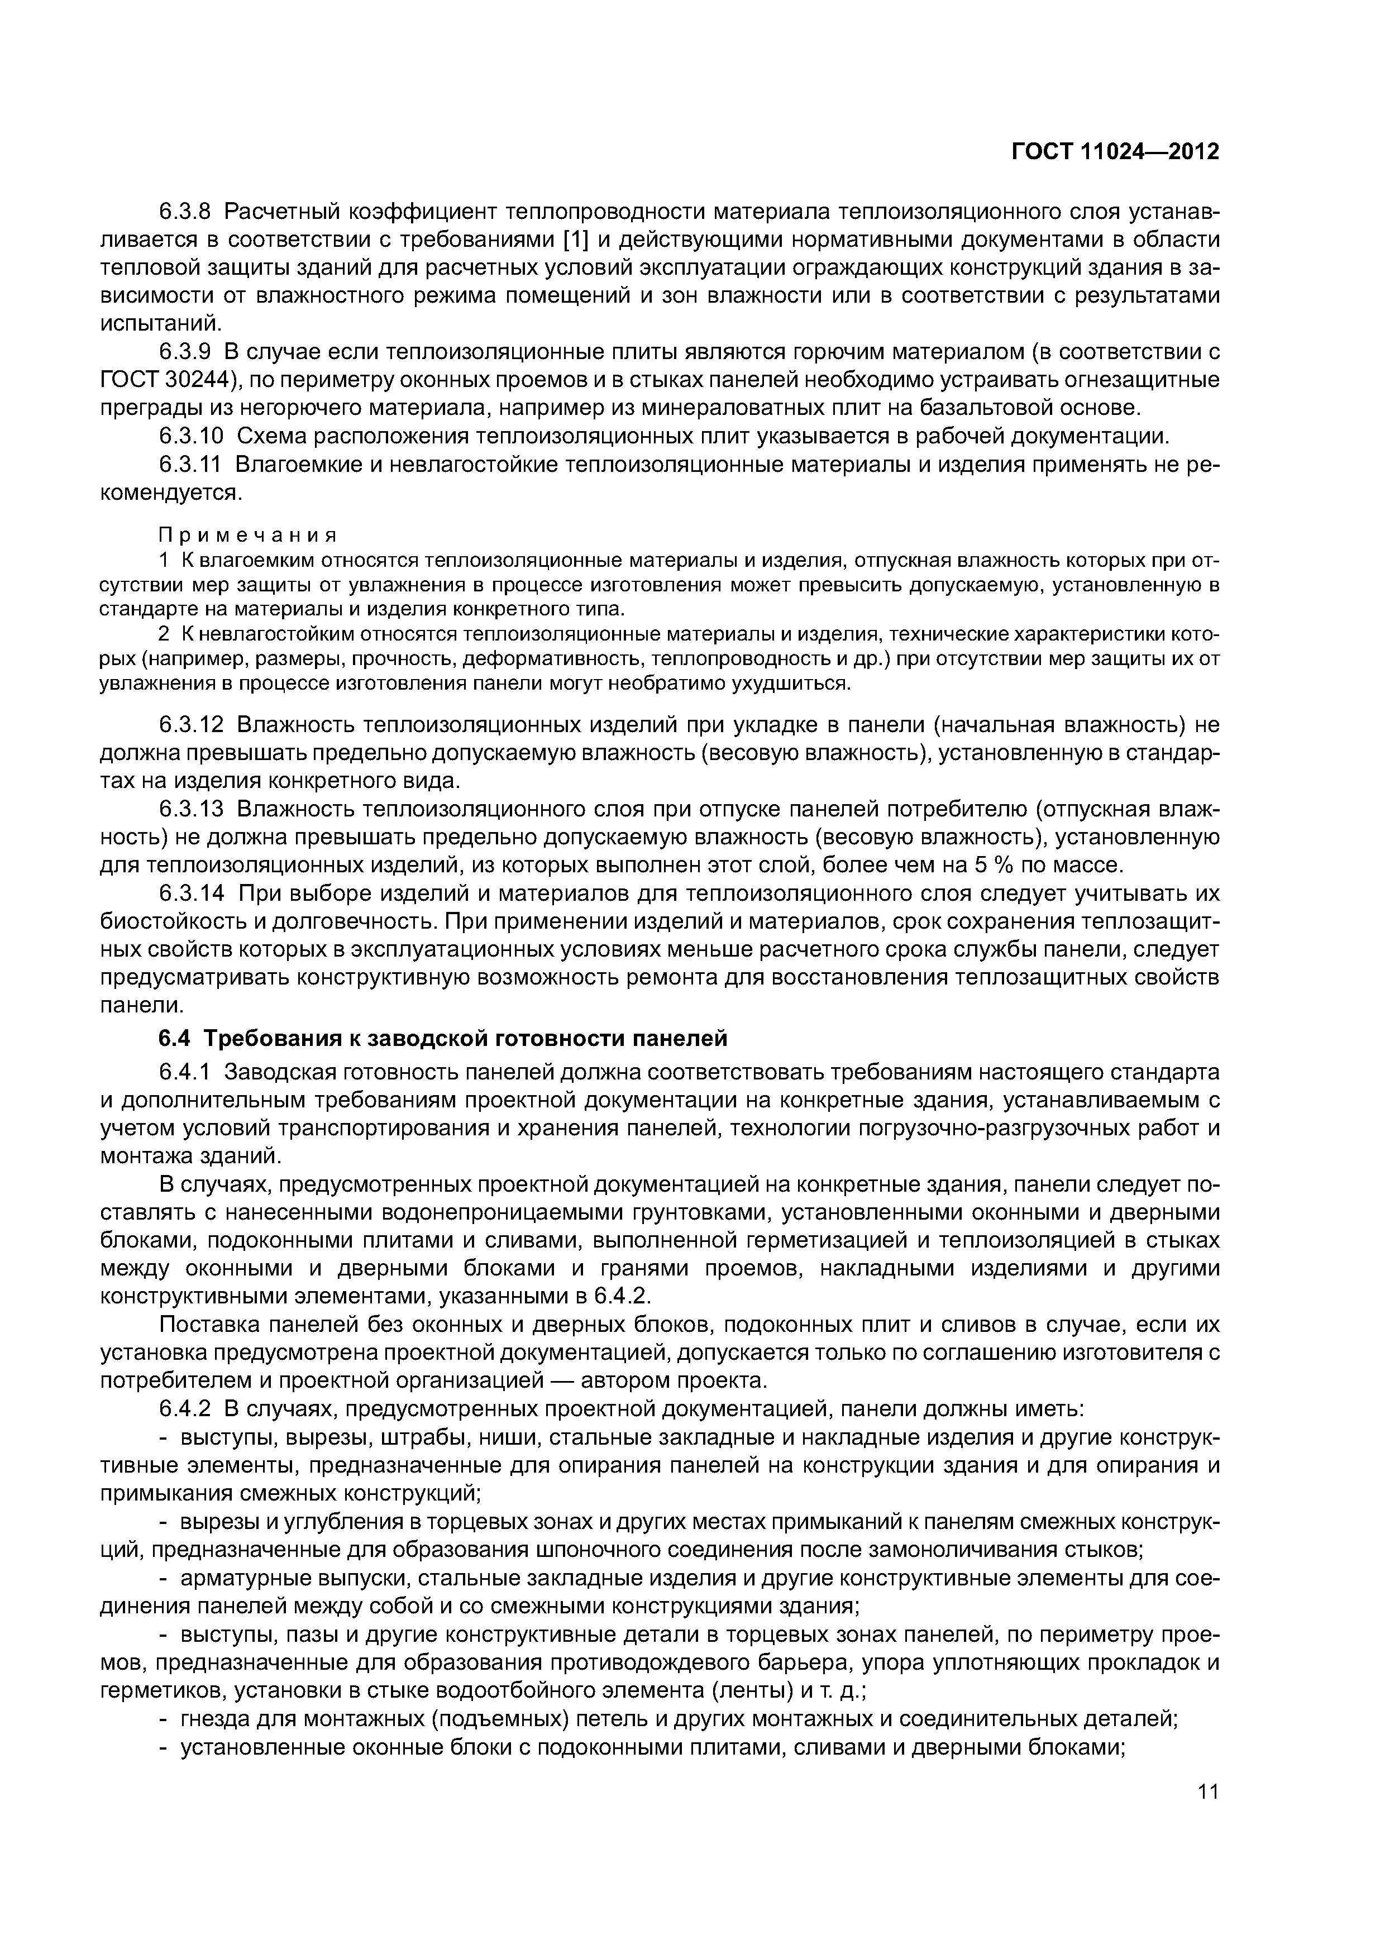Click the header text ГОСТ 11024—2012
[1115, 152]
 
